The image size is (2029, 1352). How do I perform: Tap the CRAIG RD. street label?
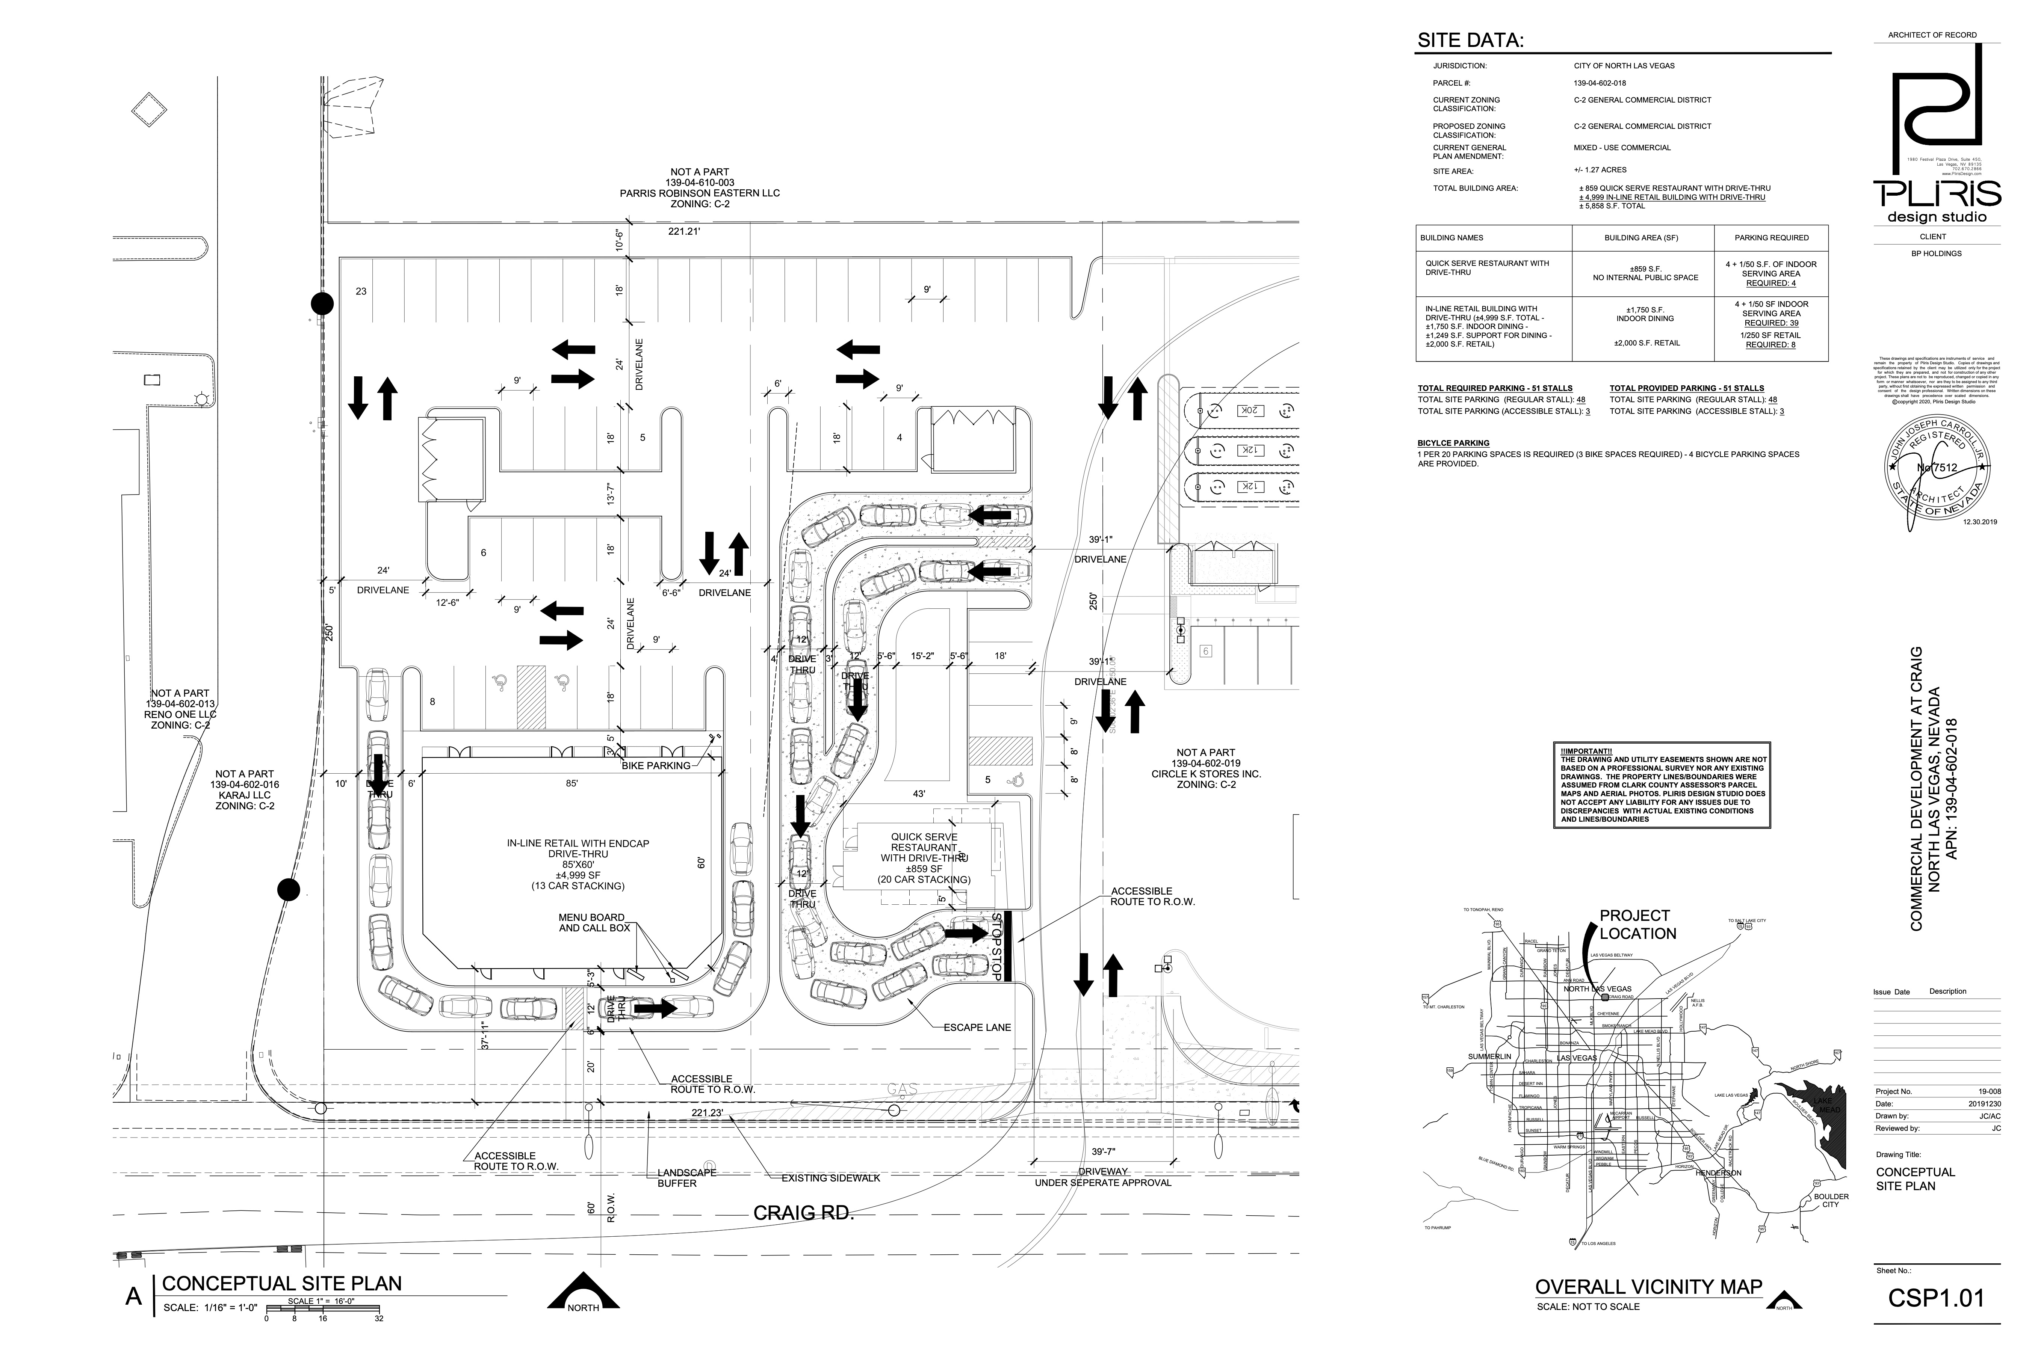pyautogui.click(x=803, y=1213)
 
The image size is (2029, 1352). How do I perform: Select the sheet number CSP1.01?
pyautogui.click(x=1936, y=1298)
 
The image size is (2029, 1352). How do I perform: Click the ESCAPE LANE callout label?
pyautogui.click(x=977, y=1028)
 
